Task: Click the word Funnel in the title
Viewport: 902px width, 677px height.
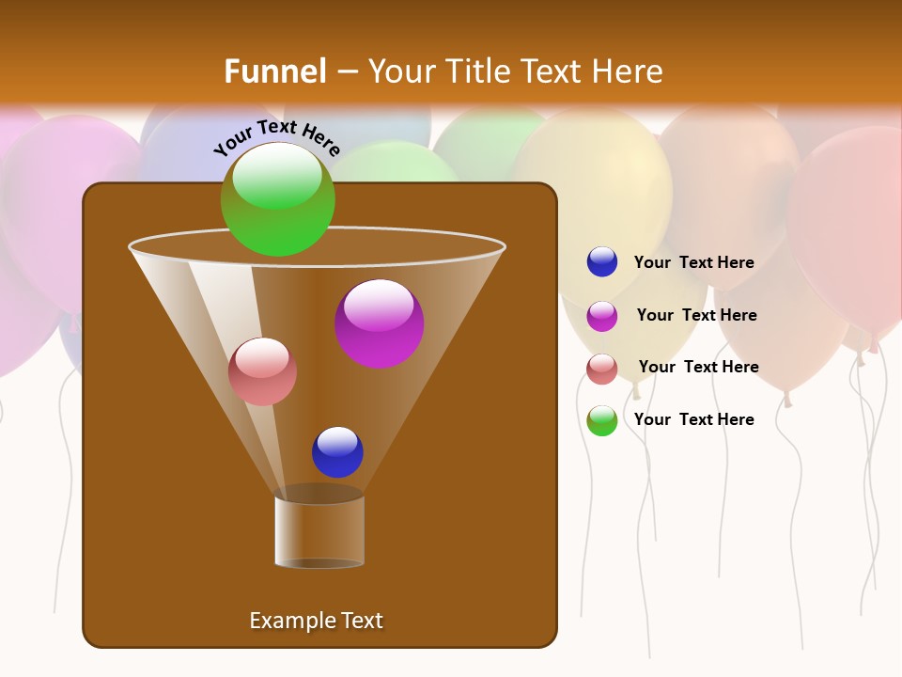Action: click(275, 71)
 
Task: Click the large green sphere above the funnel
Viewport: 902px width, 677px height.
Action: click(277, 199)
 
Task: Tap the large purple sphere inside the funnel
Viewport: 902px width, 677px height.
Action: click(380, 323)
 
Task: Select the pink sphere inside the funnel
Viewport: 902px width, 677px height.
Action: click(262, 371)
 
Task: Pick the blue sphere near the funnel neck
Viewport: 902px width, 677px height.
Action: click(337, 452)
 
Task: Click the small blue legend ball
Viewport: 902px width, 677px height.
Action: click(602, 262)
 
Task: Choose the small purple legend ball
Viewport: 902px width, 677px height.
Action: click(602, 315)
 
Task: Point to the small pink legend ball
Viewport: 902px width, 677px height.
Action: click(602, 368)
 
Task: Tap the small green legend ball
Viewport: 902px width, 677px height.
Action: click(602, 420)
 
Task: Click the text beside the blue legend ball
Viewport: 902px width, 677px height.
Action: click(693, 263)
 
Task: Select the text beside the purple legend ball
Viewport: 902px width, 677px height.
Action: click(696, 316)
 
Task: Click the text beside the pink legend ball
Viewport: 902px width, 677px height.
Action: click(698, 368)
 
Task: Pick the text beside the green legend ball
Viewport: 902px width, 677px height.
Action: click(693, 420)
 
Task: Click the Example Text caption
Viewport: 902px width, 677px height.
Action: click(316, 621)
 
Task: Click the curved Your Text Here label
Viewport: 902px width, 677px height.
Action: click(276, 138)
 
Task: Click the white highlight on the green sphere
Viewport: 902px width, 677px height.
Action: click(277, 175)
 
